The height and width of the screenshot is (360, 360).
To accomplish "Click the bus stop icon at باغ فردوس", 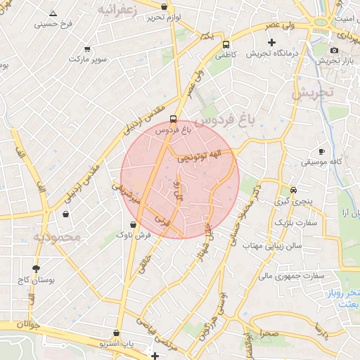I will click(174, 119).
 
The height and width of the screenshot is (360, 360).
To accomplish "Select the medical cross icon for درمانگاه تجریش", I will click(271, 43).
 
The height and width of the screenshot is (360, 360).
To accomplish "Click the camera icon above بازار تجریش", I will click(333, 50).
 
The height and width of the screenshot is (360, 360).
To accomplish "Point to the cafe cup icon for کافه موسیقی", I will click(321, 151).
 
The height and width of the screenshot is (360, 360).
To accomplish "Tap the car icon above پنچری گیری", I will click(293, 190).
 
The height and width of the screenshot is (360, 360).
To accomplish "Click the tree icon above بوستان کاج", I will click(36, 268).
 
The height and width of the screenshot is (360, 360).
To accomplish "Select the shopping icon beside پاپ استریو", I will click(116, 333).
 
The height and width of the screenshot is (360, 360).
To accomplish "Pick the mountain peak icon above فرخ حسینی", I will click(53, 13).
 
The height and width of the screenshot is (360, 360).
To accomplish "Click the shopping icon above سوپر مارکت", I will click(87, 49).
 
